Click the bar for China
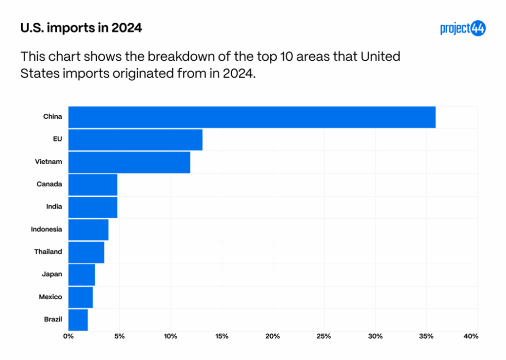point(252,117)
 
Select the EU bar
point(135,139)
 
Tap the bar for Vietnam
point(129,162)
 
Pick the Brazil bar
point(78,320)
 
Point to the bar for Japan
point(82,274)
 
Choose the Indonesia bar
point(88,229)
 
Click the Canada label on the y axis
point(49,184)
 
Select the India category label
point(54,207)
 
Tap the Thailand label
point(48,252)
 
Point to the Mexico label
point(50,297)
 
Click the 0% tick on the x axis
point(68,337)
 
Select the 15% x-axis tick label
point(222,337)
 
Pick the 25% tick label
point(324,337)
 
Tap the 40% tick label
point(471,337)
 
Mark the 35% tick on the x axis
point(426,337)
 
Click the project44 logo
point(463,29)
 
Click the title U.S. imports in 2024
point(81,28)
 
